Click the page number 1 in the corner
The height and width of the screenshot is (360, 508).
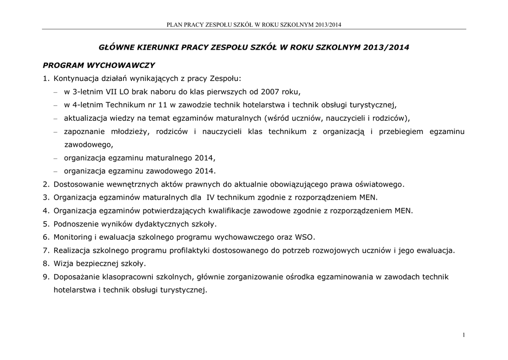click(463, 336)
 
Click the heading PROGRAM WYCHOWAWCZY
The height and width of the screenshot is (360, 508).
click(99, 65)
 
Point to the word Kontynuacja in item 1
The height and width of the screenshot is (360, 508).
click(74, 78)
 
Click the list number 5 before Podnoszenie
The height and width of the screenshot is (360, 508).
click(46, 223)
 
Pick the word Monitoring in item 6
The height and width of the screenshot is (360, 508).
click(71, 237)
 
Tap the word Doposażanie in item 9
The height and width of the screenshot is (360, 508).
click(76, 277)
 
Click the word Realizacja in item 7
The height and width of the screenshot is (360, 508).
click(72, 250)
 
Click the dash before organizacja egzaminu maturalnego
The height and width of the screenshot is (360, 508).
click(56, 158)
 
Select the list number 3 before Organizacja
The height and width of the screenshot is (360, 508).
click(46, 197)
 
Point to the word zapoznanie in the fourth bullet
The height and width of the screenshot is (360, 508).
click(85, 132)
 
